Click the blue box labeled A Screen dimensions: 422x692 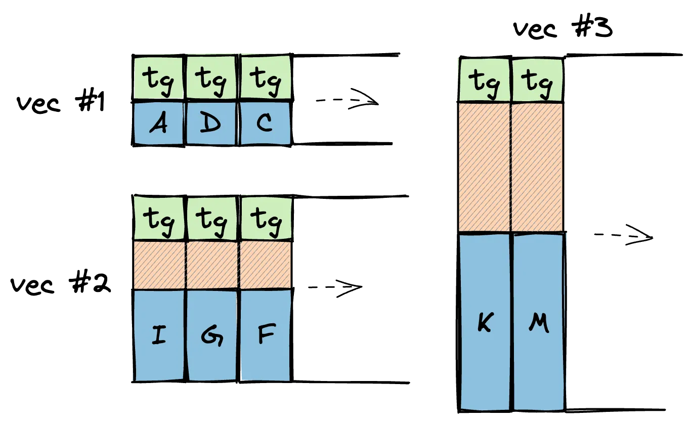pos(159,123)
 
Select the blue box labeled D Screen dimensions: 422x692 pos(211,123)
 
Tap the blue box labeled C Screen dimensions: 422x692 pos(265,123)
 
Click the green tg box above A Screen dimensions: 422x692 pos(159,78)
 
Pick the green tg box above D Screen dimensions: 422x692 pos(211,78)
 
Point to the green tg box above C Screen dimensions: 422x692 pos(265,78)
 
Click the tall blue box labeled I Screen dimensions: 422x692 pos(159,335)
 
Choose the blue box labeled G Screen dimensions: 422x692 pos(212,335)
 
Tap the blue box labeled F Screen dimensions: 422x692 pos(265,335)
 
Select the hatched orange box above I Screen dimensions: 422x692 pos(159,265)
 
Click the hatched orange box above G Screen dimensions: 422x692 pos(212,265)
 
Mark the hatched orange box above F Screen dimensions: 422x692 pos(265,265)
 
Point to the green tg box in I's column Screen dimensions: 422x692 pos(159,219)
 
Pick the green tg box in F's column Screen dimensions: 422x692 pos(265,219)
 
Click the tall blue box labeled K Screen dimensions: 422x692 pos(485,322)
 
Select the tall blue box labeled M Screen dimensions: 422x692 pos(538,322)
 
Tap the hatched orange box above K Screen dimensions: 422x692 pos(485,167)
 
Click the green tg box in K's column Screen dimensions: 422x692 pos(484,80)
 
